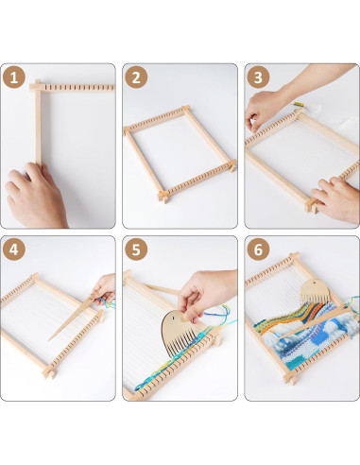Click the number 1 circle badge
click(x=15, y=78)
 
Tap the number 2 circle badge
click(x=138, y=78)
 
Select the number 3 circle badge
click(x=260, y=78)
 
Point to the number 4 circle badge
click(x=15, y=250)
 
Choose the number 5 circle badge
click(x=138, y=250)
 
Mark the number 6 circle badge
click(x=260, y=250)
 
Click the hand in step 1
click(x=36, y=195)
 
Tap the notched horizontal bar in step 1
click(x=76, y=87)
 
